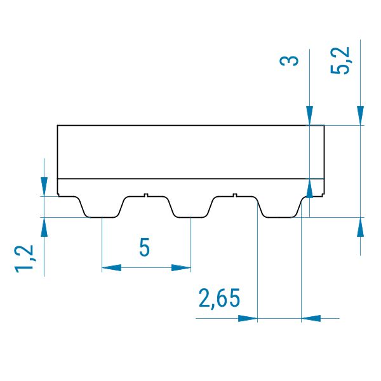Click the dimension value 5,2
tap(340, 60)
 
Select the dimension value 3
tap(289, 60)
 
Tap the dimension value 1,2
tap(25, 259)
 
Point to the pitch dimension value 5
tap(145, 247)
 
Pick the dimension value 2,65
tap(219, 298)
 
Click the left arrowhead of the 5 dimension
tap(111, 268)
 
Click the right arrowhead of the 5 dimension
tap(181, 268)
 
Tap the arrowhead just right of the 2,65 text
tap(248, 318)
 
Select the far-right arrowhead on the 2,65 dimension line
tap(311, 318)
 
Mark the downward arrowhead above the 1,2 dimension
tap(44, 187)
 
